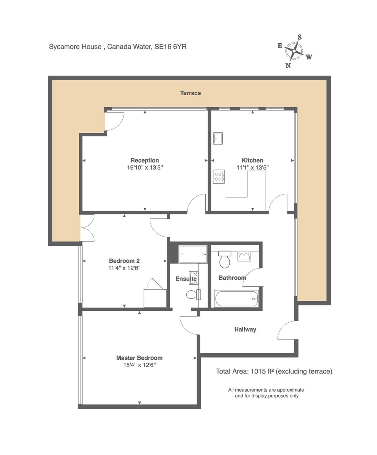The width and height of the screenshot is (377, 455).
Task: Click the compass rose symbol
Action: coord(294,51)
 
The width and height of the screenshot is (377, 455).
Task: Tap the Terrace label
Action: coord(190,93)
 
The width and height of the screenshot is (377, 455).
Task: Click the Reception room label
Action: coord(144,160)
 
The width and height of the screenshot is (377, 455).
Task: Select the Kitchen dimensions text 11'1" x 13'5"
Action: coord(252,167)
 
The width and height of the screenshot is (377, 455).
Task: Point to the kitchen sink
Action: coord(218,139)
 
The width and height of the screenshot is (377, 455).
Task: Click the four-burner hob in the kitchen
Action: coord(219,176)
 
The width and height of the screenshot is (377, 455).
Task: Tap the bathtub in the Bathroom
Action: coord(236,298)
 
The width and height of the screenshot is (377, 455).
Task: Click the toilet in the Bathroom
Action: coord(225,259)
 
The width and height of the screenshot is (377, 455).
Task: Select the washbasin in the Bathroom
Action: coord(244,257)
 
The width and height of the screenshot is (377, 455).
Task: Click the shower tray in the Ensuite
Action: coord(193,254)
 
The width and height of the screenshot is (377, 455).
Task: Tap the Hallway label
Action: coord(245,329)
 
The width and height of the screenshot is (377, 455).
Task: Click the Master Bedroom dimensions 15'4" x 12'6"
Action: coord(139,365)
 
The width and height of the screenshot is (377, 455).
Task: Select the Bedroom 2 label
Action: coord(124,261)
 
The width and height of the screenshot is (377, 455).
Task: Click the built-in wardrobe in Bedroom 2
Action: coord(155,298)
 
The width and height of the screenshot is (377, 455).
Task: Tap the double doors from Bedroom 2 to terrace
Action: coord(88,227)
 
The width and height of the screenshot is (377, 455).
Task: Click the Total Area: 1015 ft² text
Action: coord(274,371)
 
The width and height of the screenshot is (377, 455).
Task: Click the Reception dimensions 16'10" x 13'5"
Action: coord(144,167)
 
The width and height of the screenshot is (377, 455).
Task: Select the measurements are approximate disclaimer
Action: coord(266,393)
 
